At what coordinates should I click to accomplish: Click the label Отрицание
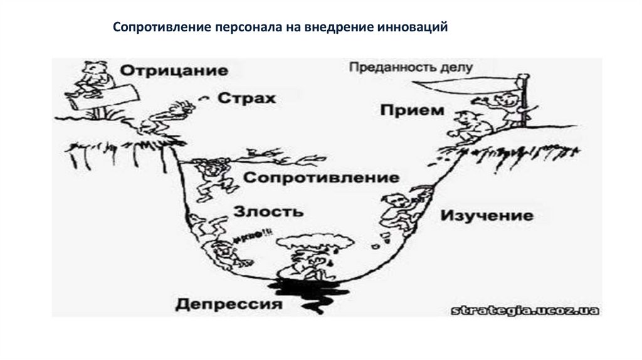click(x=174, y=70)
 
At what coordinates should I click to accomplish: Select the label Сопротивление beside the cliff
click(x=321, y=177)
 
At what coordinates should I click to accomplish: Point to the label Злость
click(x=268, y=211)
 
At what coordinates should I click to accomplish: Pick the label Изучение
click(x=487, y=216)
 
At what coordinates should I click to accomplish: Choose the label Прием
click(x=411, y=110)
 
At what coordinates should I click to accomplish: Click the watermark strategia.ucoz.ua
click(x=525, y=310)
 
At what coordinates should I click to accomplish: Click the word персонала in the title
click(x=245, y=28)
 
